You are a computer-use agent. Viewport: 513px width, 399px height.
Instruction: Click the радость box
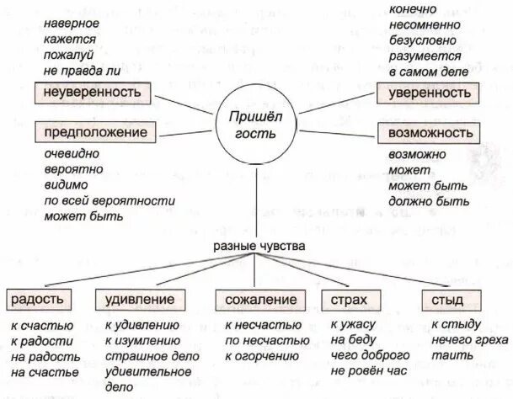point(39,300)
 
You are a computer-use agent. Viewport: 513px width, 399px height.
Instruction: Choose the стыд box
point(446,300)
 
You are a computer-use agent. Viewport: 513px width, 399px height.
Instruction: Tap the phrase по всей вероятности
point(110,201)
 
